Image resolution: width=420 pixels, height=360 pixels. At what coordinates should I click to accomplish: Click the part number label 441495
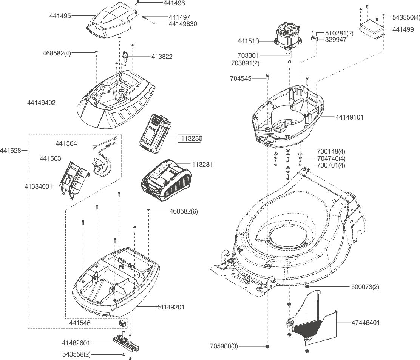click(60, 16)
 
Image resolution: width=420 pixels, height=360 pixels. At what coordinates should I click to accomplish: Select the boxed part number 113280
click(191, 139)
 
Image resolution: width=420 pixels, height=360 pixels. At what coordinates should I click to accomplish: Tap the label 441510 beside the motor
click(248, 41)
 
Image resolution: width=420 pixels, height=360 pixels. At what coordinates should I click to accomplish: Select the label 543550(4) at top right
click(406, 17)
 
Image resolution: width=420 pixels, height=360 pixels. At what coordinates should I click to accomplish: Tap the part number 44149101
click(349, 117)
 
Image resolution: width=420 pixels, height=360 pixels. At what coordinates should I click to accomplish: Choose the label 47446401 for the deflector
click(366, 323)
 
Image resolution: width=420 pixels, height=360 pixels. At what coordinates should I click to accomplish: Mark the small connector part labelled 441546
click(122, 323)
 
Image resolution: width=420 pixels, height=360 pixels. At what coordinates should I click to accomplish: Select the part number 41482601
click(76, 343)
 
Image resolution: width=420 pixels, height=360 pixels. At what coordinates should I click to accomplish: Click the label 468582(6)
click(184, 211)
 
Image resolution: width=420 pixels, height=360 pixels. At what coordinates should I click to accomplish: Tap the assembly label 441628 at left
click(11, 151)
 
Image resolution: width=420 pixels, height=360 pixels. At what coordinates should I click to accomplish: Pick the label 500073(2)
click(365, 287)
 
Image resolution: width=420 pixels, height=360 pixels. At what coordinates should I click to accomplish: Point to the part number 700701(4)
click(331, 165)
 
